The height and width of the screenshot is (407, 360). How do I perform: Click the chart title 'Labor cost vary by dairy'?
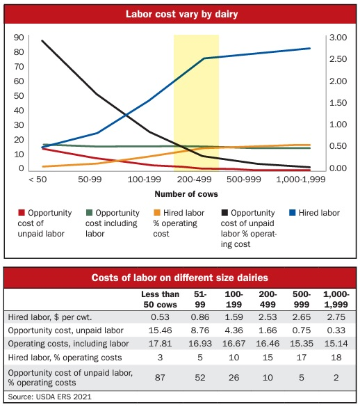181,14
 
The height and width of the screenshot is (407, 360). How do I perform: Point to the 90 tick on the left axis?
19,38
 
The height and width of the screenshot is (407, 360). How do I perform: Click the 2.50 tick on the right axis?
338,59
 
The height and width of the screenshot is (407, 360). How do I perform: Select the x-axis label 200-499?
195,179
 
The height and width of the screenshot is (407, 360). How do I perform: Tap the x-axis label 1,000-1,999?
301,179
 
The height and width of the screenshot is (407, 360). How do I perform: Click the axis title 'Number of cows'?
186,194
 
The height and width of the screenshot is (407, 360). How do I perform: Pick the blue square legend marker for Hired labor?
293,213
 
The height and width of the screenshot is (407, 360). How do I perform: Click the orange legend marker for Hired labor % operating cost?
157,213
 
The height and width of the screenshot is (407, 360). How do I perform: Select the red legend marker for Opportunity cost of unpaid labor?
22,213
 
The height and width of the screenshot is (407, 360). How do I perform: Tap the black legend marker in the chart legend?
224,213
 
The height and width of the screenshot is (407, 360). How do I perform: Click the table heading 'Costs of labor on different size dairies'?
180,278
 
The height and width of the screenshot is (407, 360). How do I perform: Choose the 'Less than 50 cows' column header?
161,299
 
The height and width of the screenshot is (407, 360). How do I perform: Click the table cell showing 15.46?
160,330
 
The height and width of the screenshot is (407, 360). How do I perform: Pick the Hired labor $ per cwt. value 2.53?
268,317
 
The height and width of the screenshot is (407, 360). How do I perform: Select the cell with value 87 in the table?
160,377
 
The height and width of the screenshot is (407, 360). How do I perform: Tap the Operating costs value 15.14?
336,344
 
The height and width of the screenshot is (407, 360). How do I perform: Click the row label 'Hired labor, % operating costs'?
65,358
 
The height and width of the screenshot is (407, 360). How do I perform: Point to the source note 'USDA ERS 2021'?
63,397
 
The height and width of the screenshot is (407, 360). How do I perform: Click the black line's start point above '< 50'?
42,40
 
